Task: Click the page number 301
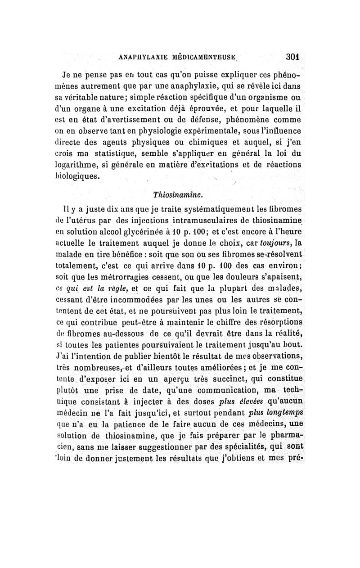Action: [x=292, y=58]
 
